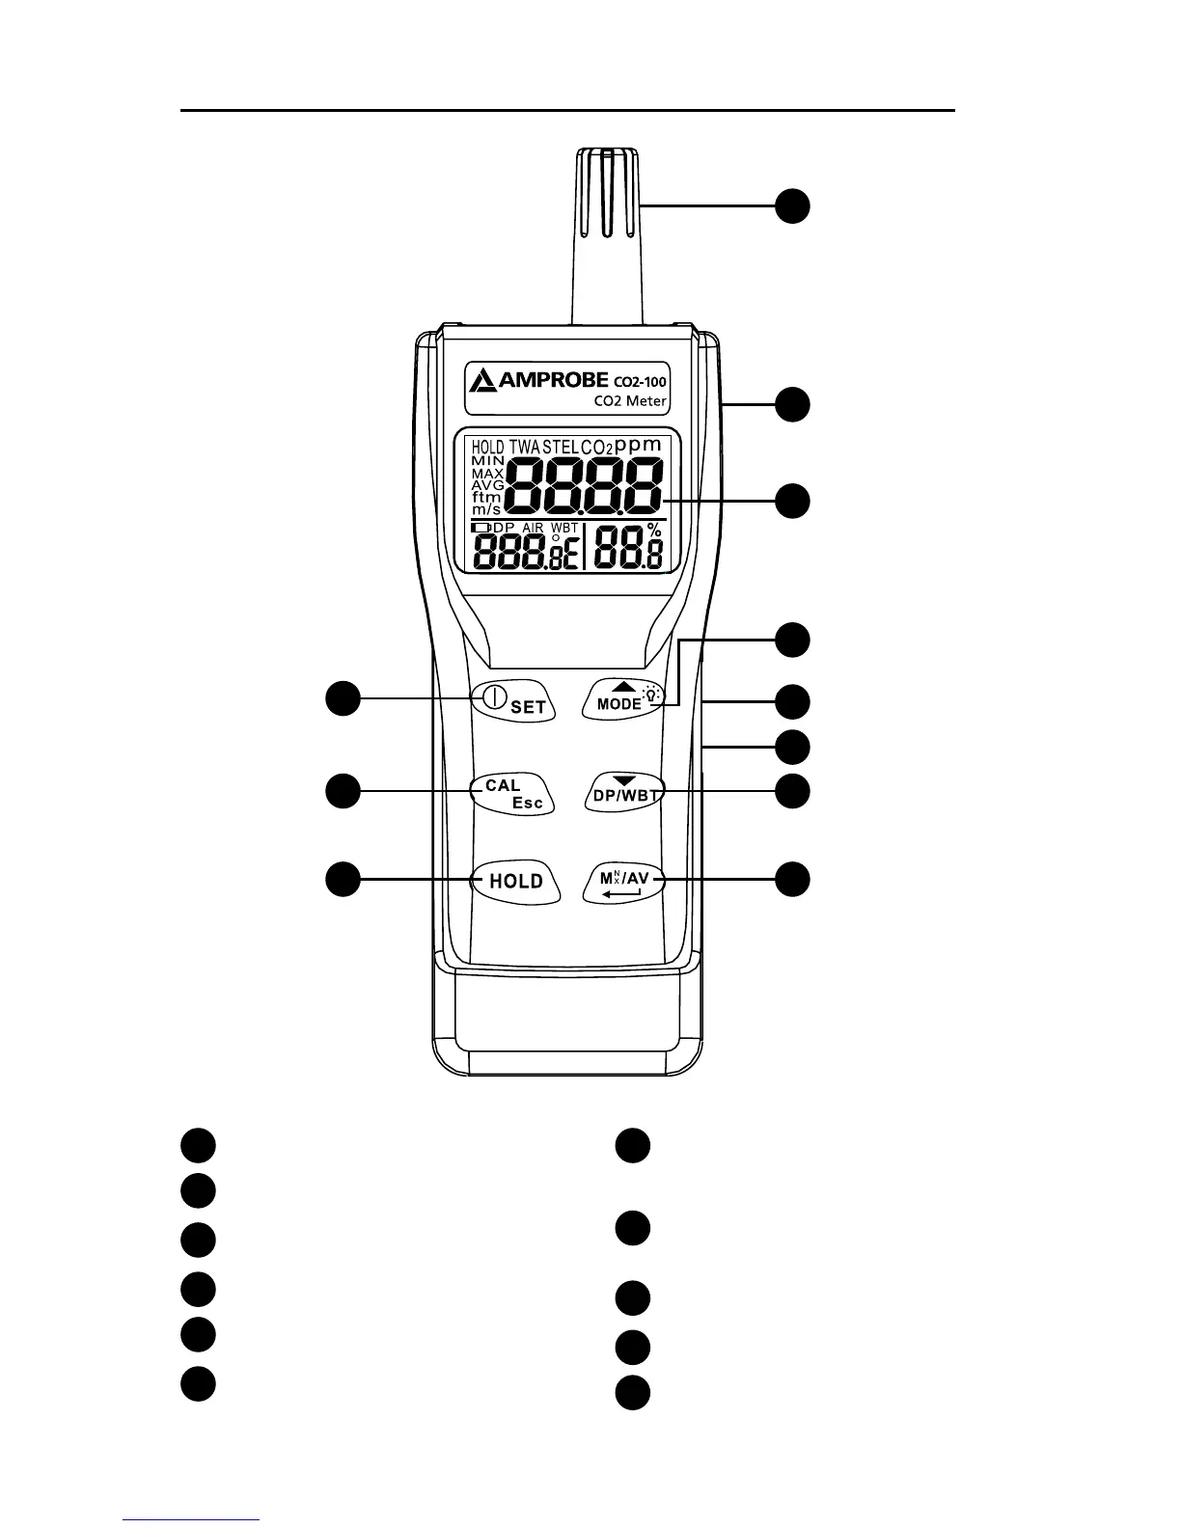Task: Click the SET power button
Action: pos(512,701)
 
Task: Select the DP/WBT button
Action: pos(625,792)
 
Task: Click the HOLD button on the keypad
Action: pos(516,881)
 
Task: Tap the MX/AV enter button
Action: pos(625,882)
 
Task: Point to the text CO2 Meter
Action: pos(629,401)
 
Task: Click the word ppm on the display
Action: pos(639,445)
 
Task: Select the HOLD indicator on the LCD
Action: pos(487,448)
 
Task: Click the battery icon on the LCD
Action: pos(481,528)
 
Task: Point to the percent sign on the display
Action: pos(655,531)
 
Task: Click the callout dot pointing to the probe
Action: pos(793,206)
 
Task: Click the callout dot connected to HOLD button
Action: pos(342,880)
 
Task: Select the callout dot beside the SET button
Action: pos(342,698)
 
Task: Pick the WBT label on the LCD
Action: pos(564,528)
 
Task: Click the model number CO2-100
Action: pos(640,381)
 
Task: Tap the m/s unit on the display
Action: pos(486,508)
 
